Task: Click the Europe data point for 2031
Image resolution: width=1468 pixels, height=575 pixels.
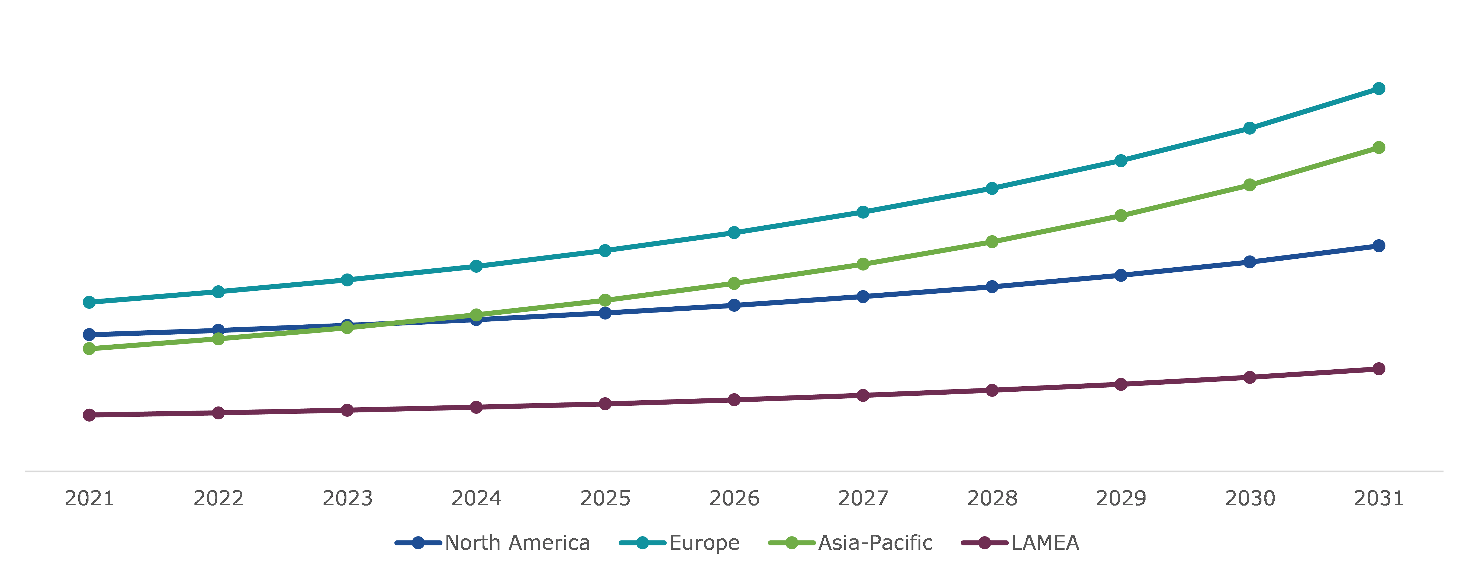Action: click(1378, 88)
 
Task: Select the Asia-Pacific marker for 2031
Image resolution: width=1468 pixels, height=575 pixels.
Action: click(1378, 148)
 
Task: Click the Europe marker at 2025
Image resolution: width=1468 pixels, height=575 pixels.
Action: click(605, 250)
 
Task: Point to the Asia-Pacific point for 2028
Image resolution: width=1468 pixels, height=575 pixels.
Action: click(992, 242)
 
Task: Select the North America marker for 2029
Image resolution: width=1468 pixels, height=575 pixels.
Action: click(1121, 275)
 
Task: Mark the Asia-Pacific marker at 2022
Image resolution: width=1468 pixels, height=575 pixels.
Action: click(218, 339)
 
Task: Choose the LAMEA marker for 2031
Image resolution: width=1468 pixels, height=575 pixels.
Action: click(1378, 369)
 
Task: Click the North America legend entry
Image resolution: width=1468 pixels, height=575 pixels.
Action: click(517, 542)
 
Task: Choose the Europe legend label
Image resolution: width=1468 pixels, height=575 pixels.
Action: click(704, 542)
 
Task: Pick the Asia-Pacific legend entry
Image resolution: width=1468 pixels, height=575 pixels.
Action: click(875, 542)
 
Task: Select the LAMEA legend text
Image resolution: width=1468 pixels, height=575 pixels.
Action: click(1045, 542)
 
